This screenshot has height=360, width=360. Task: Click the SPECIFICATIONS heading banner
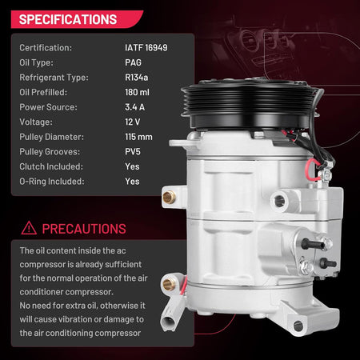click(76, 19)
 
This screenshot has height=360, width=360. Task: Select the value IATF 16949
click(146, 48)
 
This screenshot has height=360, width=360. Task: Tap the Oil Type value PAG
click(133, 62)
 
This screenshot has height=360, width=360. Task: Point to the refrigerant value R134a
click(137, 78)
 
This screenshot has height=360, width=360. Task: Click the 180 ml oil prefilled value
click(137, 92)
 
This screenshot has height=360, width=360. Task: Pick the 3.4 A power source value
click(134, 107)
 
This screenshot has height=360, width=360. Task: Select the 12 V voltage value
click(133, 122)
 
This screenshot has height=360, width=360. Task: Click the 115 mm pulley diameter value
click(138, 137)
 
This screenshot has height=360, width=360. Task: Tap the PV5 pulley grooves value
click(133, 152)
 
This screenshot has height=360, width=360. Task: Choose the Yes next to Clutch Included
click(132, 166)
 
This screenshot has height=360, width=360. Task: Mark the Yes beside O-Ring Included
click(132, 182)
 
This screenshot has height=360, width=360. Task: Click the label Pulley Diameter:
click(51, 137)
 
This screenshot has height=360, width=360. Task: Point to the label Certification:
click(46, 48)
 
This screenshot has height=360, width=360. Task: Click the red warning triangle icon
click(29, 228)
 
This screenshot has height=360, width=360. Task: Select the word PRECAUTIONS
click(84, 229)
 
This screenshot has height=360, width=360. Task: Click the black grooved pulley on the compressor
click(250, 104)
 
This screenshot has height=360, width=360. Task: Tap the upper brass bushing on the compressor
click(169, 198)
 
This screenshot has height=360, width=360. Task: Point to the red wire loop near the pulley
click(312, 170)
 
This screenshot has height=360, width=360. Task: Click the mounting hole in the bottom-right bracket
click(298, 326)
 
